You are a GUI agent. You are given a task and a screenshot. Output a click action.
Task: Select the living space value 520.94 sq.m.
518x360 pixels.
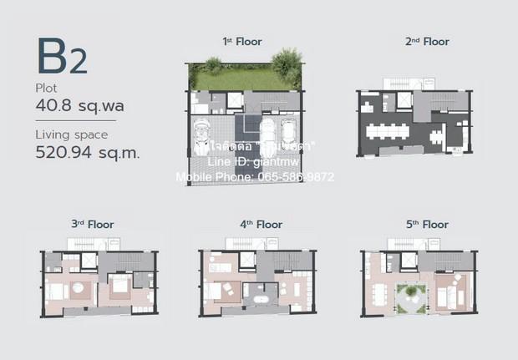(x=87, y=152)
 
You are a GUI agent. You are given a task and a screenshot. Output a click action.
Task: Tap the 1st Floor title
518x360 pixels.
(x=239, y=41)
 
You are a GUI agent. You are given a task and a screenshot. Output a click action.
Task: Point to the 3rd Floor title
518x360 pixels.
(x=93, y=224)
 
